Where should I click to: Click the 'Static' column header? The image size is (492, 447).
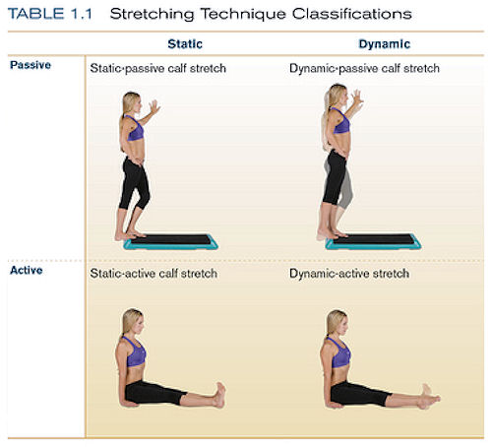[x=185, y=44]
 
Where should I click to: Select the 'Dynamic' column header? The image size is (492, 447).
[x=385, y=44]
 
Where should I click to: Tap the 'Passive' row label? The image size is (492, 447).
[x=31, y=65]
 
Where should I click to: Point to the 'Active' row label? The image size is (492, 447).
[x=27, y=270]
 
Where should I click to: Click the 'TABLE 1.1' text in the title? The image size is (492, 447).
[x=50, y=14]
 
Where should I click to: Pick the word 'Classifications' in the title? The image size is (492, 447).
[x=351, y=14]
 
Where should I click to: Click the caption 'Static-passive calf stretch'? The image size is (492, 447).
[x=158, y=68]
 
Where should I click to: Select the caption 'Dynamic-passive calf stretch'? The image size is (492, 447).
[x=364, y=68]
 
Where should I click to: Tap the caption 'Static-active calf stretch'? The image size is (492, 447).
[x=154, y=274]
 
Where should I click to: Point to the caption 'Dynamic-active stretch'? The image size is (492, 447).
[x=349, y=274]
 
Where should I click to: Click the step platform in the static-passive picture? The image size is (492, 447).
[x=171, y=242]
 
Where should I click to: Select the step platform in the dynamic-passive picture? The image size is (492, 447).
[x=374, y=242]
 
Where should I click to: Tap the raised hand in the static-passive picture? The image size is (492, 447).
[x=154, y=106]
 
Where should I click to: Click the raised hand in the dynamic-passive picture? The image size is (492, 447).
[x=357, y=97]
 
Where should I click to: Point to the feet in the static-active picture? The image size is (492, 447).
[x=219, y=395]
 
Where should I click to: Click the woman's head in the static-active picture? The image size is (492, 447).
[x=132, y=321]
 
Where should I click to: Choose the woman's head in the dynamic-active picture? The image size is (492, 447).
[x=337, y=322]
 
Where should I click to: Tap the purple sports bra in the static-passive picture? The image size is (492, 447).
[x=135, y=128]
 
